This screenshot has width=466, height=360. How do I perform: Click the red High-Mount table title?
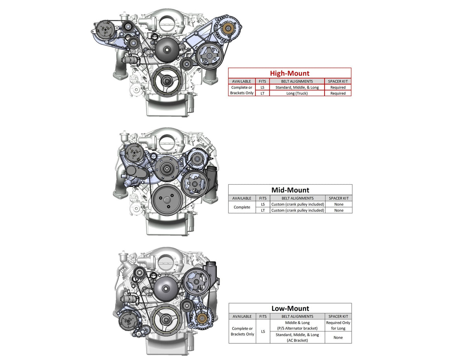289,73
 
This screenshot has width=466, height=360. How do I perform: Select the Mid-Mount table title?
290,190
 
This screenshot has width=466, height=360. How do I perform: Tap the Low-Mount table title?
290,308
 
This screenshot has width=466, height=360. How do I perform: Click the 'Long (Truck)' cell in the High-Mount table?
297,93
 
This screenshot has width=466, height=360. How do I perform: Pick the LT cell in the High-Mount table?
262,93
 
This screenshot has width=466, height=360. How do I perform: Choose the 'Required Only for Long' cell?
338,325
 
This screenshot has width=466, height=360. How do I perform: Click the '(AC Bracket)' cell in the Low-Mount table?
297,340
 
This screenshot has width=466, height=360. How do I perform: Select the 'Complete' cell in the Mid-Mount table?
242,207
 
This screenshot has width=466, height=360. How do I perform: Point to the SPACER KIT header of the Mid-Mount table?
338,198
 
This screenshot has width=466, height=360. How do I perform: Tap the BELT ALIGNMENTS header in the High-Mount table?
297,82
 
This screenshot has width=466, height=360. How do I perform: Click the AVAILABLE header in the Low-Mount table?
242,316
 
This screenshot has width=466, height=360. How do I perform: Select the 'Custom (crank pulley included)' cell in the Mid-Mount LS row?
297,204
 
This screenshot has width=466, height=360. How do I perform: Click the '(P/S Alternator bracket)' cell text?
297,328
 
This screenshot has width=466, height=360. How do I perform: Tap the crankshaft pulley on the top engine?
166,81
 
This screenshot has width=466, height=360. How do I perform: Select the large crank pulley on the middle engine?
166,200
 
